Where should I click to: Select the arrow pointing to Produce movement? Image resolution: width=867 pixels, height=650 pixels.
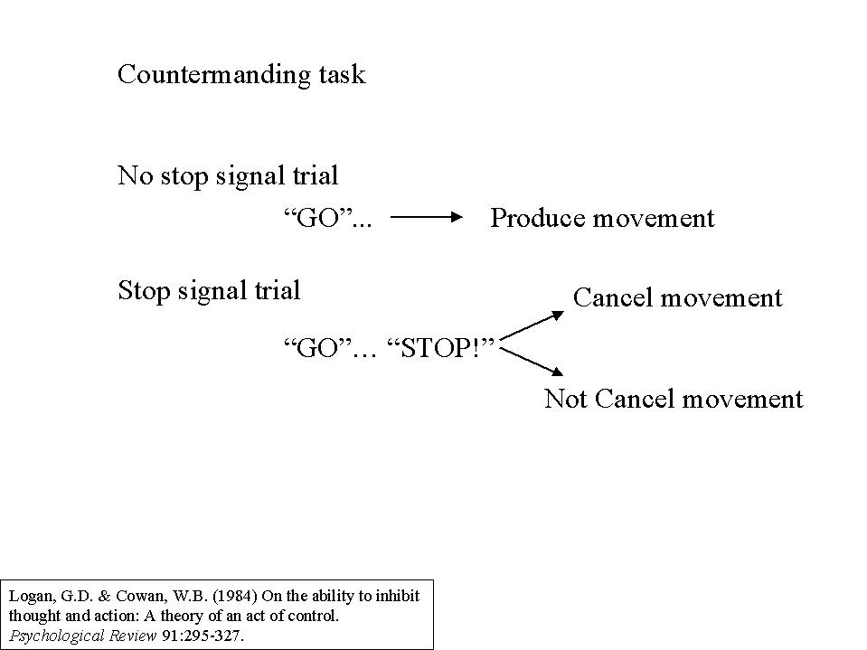pos(427,217)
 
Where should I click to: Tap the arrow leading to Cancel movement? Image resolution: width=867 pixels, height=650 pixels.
pos(532,325)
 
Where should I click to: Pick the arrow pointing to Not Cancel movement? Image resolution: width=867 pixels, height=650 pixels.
pos(532,362)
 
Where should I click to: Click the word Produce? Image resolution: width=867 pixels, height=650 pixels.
pos(537,218)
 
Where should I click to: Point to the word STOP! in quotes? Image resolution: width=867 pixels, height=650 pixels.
pos(440,348)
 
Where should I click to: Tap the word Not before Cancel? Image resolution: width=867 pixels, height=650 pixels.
pos(565,399)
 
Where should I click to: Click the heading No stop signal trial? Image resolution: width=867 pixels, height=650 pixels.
pos(228,175)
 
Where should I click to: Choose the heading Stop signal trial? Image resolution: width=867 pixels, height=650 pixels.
pos(209,291)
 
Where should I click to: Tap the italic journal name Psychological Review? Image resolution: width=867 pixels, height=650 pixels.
pos(83,636)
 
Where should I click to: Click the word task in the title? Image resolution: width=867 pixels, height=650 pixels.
pos(343,75)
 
